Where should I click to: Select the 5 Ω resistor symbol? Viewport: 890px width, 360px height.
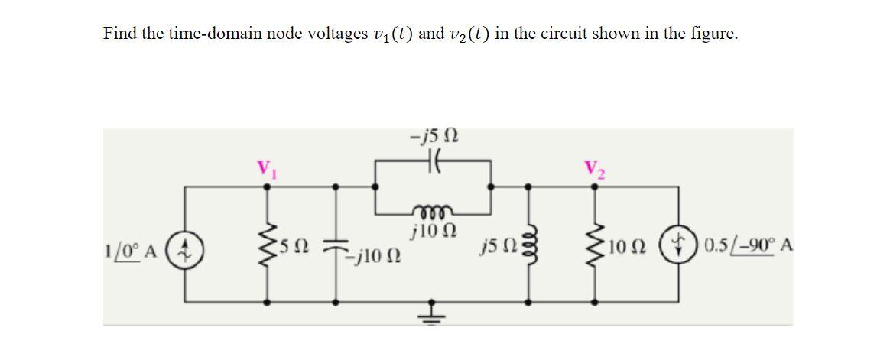pyautogui.click(x=267, y=245)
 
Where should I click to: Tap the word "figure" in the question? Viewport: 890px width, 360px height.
pyautogui.click(x=712, y=34)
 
